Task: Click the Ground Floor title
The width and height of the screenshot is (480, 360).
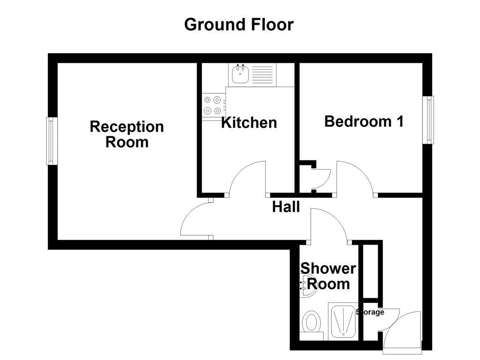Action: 239,24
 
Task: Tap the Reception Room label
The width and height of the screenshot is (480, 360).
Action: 127,134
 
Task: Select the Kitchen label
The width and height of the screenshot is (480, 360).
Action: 249,123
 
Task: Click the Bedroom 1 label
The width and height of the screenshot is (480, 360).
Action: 364,121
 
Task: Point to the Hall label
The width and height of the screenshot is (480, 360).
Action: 286,207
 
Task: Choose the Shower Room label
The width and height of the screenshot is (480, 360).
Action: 328,276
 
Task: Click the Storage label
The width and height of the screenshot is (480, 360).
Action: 370,312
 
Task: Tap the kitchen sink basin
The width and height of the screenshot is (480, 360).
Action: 240,75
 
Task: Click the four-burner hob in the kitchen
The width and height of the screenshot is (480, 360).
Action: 212,105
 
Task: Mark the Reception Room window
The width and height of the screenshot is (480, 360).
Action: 52,141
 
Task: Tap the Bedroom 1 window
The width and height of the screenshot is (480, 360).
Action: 427,120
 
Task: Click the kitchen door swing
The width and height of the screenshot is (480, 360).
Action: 248,178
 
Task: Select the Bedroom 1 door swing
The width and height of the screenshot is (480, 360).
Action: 354,177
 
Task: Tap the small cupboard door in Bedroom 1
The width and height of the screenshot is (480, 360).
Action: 322,178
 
